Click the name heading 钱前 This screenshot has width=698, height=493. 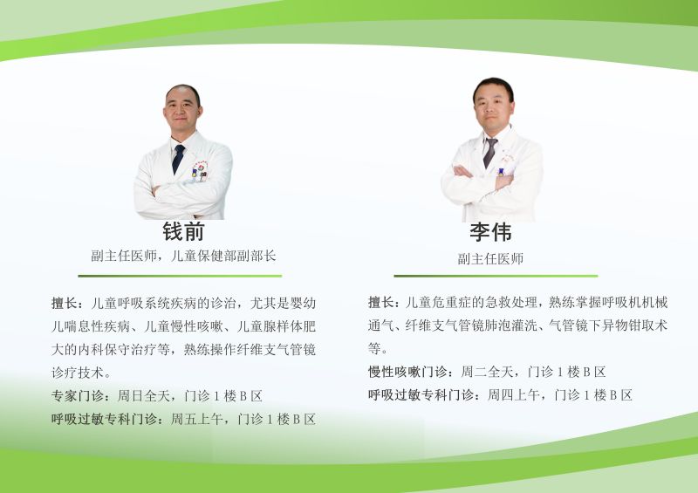(183, 231)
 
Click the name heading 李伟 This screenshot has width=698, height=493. (490, 232)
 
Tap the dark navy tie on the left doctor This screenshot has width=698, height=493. (178, 159)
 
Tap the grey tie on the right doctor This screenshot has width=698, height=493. (490, 153)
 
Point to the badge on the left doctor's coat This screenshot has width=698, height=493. (200, 171)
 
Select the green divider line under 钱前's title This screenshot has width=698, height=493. (180, 276)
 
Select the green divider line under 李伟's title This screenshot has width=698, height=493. (496, 276)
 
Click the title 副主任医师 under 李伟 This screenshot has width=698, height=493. (490, 259)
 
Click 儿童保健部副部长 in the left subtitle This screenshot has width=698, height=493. (223, 256)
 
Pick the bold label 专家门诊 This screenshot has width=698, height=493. (78, 395)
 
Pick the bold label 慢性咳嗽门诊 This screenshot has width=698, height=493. (407, 372)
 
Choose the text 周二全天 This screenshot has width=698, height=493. (487, 372)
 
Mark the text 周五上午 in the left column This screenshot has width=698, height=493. (197, 419)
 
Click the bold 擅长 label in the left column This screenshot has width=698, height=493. (65, 304)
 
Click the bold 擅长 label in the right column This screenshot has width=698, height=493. (381, 303)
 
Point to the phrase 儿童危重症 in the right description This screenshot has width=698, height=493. (438, 303)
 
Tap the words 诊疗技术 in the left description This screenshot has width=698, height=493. (78, 373)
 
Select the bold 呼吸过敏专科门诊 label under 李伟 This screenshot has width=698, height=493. (421, 394)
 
